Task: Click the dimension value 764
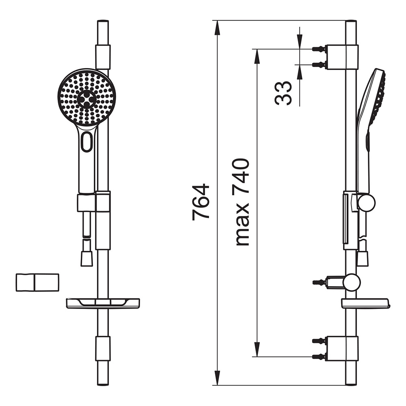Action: (201, 202)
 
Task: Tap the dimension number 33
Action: (283, 93)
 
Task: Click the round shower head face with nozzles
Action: (86, 98)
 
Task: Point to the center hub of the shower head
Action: (86, 99)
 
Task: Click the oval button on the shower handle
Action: (86, 141)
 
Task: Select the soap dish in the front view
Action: (103, 303)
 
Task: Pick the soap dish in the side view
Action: (366, 303)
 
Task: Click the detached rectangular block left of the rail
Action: (37, 282)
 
